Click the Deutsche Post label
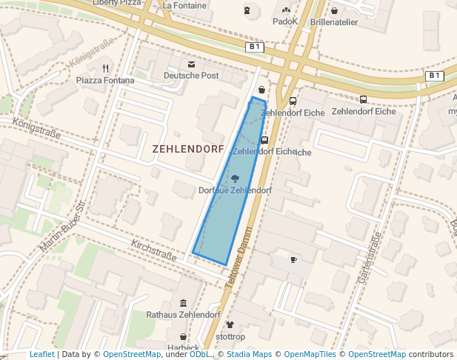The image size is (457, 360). click(x=191, y=76)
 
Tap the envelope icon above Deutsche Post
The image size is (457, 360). click(x=192, y=65)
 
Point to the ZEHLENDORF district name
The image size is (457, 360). click(x=188, y=149)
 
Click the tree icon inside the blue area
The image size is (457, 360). click(x=235, y=179)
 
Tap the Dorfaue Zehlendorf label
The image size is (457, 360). click(x=235, y=190)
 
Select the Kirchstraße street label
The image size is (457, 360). click(x=153, y=251)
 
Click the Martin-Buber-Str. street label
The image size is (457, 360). click(x=61, y=224)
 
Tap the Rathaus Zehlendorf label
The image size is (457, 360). click(x=183, y=315)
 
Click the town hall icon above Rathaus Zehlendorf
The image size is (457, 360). click(x=183, y=304)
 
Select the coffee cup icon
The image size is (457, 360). click(x=293, y=260)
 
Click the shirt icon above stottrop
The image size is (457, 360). click(x=230, y=324)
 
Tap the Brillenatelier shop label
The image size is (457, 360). click(x=334, y=22)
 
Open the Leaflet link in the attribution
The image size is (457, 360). click(x=41, y=354)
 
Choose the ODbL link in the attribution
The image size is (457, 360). click(x=200, y=354)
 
